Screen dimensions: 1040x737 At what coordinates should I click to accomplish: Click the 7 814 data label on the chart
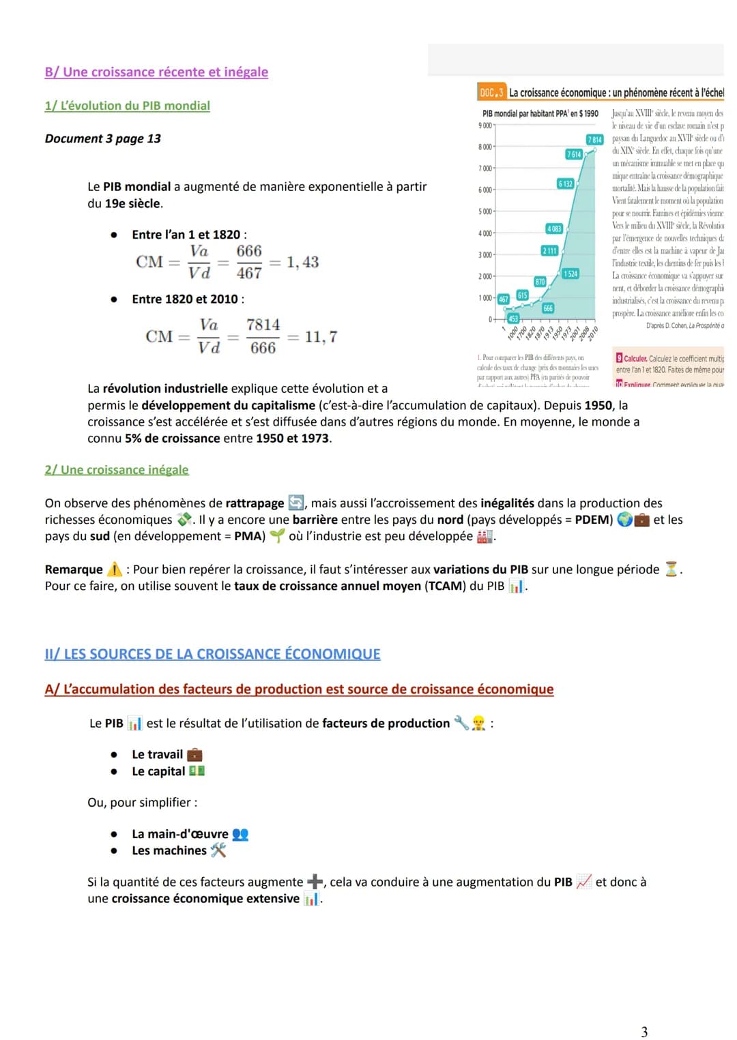pos(594,140)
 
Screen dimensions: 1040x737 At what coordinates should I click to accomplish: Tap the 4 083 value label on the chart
pos(554,228)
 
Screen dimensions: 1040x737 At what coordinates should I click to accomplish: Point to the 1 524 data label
pos(570,273)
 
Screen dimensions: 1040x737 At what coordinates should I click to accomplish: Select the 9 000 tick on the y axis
pos(485,125)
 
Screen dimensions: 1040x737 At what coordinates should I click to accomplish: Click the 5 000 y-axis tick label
pos(485,211)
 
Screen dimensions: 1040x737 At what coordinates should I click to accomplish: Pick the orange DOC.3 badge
pos(491,92)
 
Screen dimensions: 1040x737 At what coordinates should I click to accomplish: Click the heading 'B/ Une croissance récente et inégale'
pos(156,72)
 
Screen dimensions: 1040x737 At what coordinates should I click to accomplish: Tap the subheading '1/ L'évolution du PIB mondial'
pos(128,106)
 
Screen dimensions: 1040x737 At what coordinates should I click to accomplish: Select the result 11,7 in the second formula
pos(321,336)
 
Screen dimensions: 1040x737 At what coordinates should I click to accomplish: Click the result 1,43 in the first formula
pos(302,262)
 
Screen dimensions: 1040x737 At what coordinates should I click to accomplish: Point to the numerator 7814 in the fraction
pos(263,325)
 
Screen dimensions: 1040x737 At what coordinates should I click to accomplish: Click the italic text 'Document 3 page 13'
pos(103,138)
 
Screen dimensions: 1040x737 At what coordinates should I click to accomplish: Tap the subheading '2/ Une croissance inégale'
pos(117,470)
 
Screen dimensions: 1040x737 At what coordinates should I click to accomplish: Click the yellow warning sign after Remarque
pos(115,569)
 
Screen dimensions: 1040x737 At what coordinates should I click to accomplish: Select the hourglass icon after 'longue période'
pos(671,569)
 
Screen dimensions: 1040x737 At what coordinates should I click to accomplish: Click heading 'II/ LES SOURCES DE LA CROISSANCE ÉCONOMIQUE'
pos(212,654)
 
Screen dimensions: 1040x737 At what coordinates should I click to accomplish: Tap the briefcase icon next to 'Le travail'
pos(194,754)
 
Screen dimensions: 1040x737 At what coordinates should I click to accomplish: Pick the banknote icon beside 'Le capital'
pos(197,771)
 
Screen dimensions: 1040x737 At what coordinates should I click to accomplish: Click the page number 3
pos(644,1032)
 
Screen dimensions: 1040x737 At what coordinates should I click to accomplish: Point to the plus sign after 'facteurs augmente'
pos(315,881)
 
